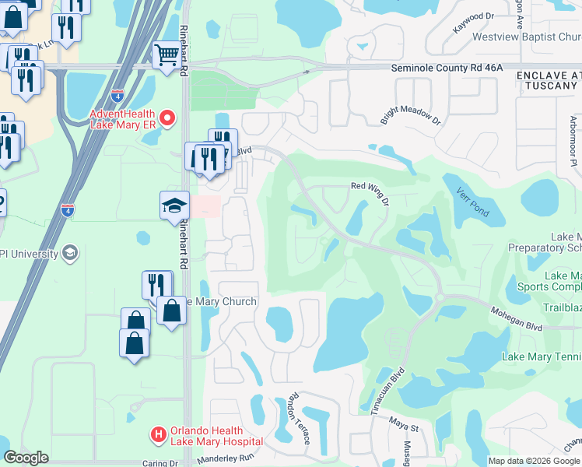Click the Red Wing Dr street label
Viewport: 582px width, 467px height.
point(370,187)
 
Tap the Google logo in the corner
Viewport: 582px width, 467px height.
point(26,458)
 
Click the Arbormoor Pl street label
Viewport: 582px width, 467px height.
point(572,133)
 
